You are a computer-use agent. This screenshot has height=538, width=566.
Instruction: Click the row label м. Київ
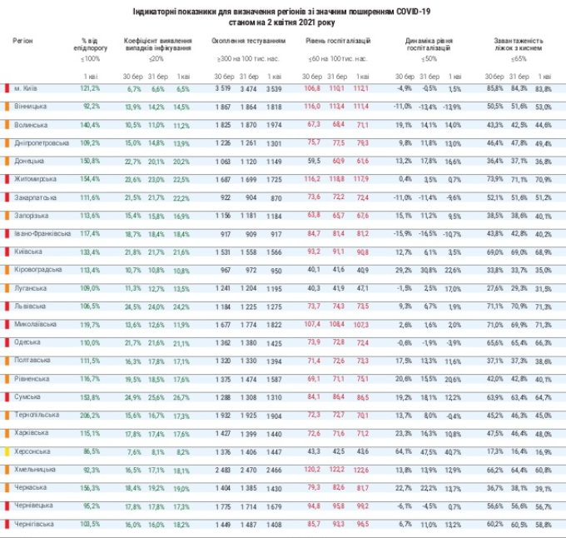(27, 87)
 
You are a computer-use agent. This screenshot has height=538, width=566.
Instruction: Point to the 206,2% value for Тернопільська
(90, 414)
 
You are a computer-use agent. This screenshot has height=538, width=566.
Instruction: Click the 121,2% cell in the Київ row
(90, 87)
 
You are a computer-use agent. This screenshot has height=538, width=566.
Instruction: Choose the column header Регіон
(24, 40)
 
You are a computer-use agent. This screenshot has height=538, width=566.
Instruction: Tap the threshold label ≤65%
(519, 58)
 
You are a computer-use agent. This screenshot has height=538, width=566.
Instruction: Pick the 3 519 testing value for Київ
(222, 87)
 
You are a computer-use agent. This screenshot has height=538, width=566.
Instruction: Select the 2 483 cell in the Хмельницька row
(222, 469)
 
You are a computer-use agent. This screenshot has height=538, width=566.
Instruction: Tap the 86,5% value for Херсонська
(91, 451)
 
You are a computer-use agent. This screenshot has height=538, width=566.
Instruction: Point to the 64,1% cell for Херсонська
(403, 451)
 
